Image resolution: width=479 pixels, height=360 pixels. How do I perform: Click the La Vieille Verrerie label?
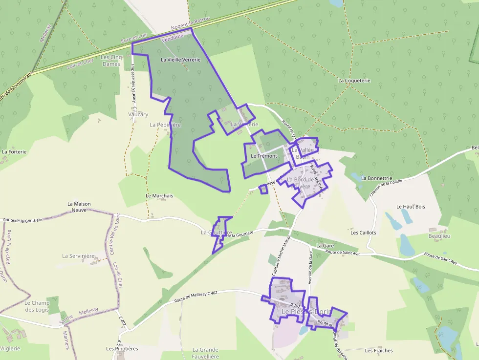pos(180,60)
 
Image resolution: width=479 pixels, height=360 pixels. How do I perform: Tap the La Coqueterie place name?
pos(354,80)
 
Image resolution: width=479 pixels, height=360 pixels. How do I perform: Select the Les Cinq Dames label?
pos(110,61)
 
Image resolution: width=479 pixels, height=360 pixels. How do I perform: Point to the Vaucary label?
pos(138,114)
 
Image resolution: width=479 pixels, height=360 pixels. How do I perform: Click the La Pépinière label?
pos(165,125)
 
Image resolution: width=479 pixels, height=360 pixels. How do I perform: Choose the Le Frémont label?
pos(263,156)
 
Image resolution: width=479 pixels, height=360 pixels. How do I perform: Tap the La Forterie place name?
pos(14,151)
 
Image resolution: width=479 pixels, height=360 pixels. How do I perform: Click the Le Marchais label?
pos(159,195)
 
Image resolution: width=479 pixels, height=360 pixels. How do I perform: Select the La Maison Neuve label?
pos(79,207)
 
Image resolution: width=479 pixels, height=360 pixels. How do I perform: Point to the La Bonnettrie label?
pos(376,178)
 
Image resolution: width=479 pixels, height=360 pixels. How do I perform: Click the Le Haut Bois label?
pos(411,207)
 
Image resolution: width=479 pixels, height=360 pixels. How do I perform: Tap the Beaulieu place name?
pos(439,236)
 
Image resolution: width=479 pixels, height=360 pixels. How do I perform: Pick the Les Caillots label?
pos(363,233)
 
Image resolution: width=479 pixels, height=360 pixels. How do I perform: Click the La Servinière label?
pos(78,255)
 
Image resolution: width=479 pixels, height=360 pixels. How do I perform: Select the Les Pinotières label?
pos(122,349)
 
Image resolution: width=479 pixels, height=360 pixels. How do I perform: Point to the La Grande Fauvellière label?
pos(205,353)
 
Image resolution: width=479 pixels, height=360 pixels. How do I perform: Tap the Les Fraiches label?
pos(378,350)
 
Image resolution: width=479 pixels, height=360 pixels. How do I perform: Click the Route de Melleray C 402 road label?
pos(195,297)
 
